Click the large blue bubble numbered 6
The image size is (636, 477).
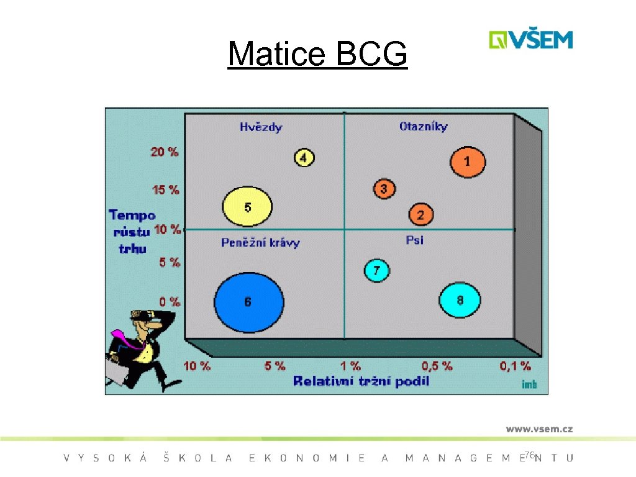[x=249, y=302]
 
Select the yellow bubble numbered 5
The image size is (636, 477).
[x=247, y=207]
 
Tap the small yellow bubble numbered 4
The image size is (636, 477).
[x=304, y=158]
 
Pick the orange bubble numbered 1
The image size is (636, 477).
[x=468, y=162]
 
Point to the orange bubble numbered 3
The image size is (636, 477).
[x=384, y=188]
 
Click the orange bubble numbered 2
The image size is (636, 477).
[x=420, y=215]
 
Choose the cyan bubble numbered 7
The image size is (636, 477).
[x=376, y=270]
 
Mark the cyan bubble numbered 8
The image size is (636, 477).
[x=460, y=301]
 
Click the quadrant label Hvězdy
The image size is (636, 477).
[x=261, y=127]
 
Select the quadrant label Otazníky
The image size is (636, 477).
[x=423, y=127]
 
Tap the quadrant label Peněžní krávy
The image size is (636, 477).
[x=260, y=243]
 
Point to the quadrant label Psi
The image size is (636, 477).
[x=415, y=240]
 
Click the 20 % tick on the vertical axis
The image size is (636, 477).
[x=165, y=152]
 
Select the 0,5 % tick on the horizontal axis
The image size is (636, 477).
[x=437, y=366]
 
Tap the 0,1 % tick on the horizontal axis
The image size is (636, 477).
[x=515, y=366]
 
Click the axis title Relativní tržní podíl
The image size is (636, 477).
[x=361, y=381]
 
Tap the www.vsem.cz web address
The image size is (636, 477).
[x=538, y=429]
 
